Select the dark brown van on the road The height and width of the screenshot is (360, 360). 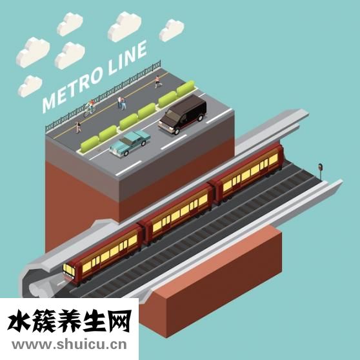pyautogui.click(x=183, y=114)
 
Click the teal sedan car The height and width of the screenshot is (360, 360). pyautogui.click(x=130, y=143)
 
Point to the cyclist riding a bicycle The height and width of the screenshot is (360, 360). pyautogui.click(x=90, y=108)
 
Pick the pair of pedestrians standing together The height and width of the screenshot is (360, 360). pyautogui.click(x=122, y=103)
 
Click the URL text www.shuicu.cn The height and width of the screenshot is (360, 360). pyautogui.click(x=69, y=345)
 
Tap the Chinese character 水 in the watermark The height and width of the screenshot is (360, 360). pyautogui.click(x=19, y=321)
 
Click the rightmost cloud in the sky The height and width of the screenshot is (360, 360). pyautogui.click(x=172, y=30)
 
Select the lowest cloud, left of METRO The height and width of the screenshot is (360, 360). pyautogui.click(x=30, y=86)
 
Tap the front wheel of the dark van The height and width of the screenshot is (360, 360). pyautogui.click(x=177, y=132)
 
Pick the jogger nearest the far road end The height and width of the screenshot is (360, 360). pyautogui.click(x=157, y=82)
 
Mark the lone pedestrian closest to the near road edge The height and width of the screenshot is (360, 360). pyautogui.click(x=79, y=127)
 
